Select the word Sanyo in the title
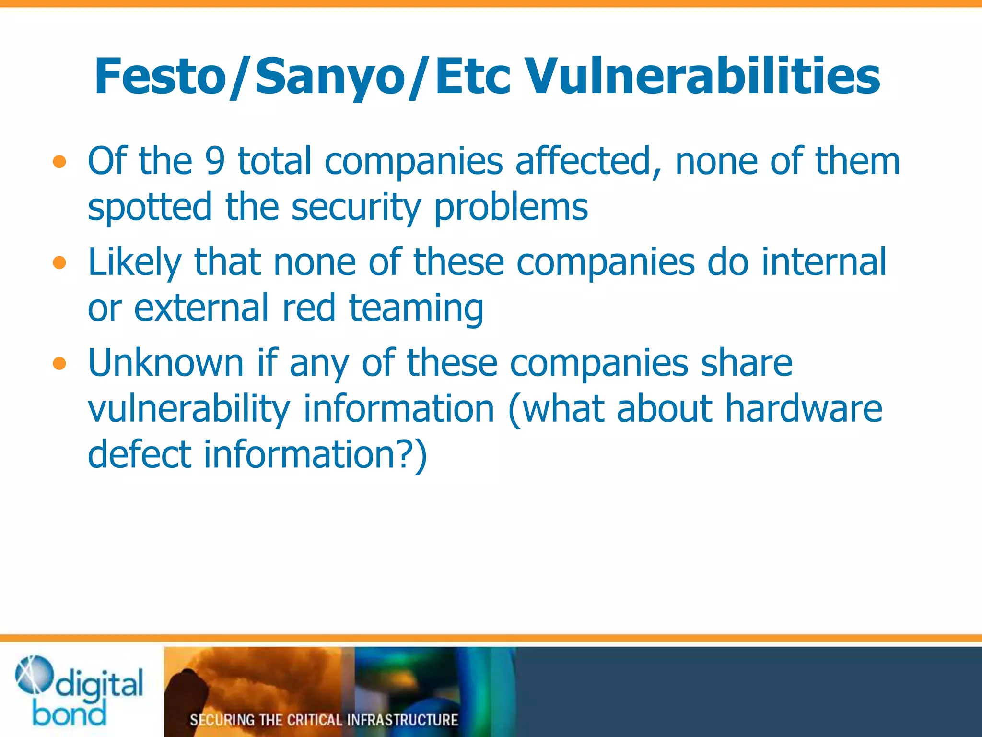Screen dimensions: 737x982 tap(330, 76)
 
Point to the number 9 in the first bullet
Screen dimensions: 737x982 tap(214, 161)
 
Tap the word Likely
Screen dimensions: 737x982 tap(135, 262)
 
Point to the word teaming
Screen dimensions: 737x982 tap(416, 308)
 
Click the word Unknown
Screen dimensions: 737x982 tap(166, 363)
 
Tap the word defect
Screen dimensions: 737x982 tap(140, 454)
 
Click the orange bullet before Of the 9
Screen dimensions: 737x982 tap(59, 163)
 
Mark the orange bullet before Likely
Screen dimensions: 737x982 tap(59, 263)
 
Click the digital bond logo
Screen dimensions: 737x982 tap(80, 691)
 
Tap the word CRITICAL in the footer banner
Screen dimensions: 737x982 tap(314, 720)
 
